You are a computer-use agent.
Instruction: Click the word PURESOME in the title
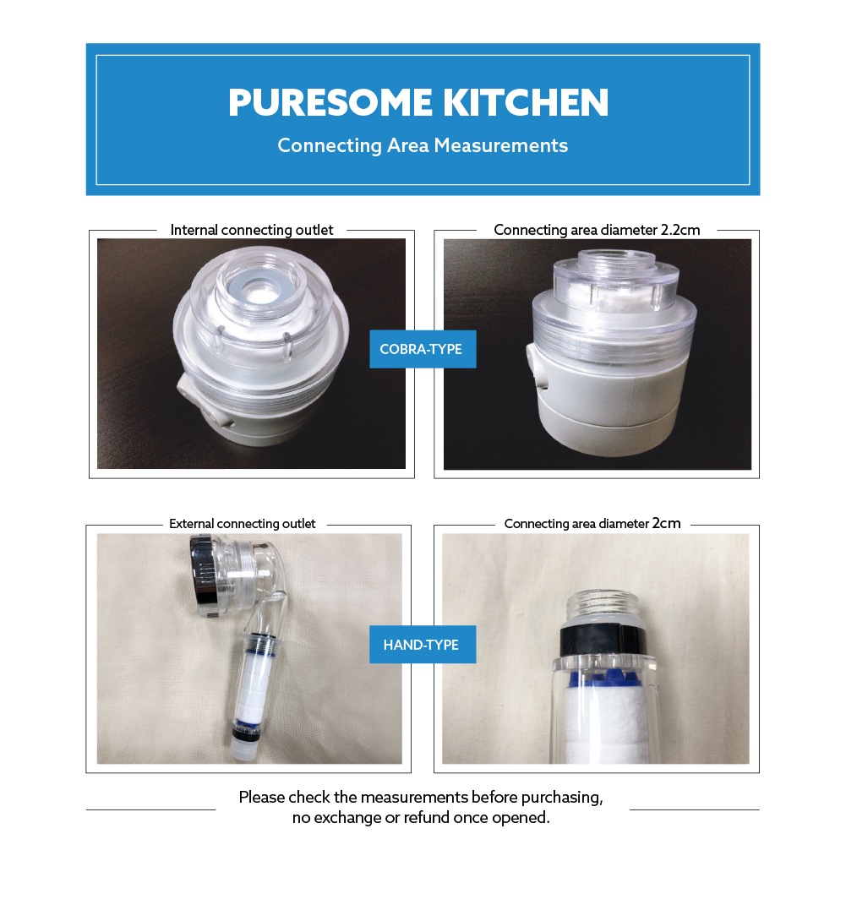click(x=330, y=103)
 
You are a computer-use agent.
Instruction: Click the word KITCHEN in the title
click(x=526, y=103)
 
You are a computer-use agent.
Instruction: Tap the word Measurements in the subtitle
click(x=501, y=145)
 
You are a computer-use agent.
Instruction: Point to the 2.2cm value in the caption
click(x=680, y=230)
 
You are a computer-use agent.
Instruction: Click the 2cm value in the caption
click(x=666, y=523)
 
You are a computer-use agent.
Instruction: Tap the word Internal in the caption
click(x=194, y=230)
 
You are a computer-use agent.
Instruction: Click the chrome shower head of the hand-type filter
click(x=203, y=575)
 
